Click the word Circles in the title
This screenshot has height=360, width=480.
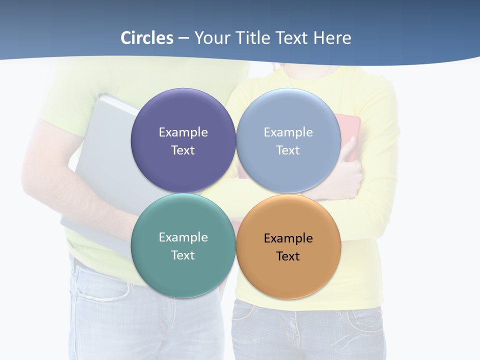[147, 38]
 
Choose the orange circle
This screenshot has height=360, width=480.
[288, 275]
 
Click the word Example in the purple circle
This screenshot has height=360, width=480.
[183, 132]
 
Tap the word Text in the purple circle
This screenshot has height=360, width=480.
[183, 150]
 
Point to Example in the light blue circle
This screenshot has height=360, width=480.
[288, 132]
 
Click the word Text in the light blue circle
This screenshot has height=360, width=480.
[288, 150]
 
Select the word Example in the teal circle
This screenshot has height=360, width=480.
[183, 237]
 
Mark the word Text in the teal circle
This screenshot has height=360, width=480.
[183, 255]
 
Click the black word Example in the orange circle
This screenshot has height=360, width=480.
[288, 238]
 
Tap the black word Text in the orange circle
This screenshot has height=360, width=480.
[288, 256]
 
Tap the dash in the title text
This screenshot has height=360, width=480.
[183, 38]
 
